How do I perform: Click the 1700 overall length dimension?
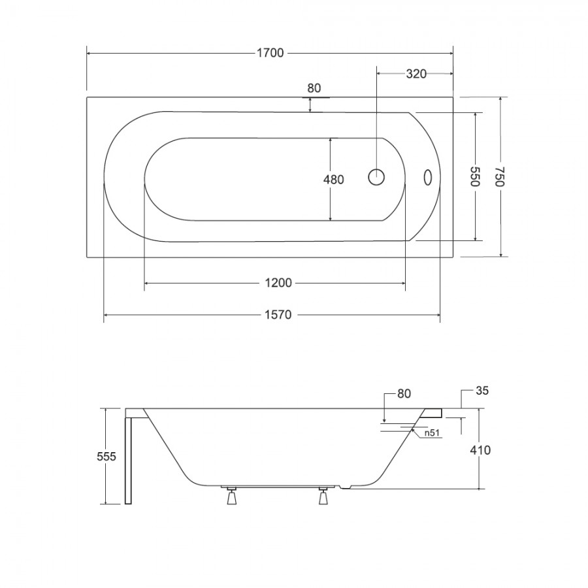tap(270, 54)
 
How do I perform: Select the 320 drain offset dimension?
tap(416, 74)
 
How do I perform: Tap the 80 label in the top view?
tap(314, 88)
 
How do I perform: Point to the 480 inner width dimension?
tap(333, 180)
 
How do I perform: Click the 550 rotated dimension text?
tap(475, 176)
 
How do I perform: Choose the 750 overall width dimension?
tap(500, 176)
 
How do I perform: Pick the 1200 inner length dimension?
tap(278, 283)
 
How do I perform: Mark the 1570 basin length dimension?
tap(278, 315)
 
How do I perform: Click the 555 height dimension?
tap(106, 457)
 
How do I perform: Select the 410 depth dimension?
tap(480, 450)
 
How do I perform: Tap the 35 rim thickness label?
tap(482, 391)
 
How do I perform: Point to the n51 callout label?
tap(432, 433)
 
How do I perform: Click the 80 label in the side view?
tap(404, 394)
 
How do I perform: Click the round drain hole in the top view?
tap(376, 177)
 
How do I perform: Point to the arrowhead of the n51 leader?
tap(413, 430)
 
